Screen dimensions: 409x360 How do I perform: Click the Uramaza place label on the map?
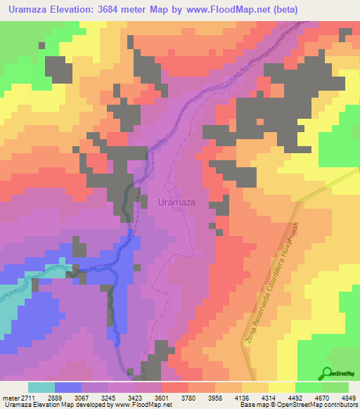click(176, 202)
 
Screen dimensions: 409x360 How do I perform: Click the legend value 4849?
click(349, 398)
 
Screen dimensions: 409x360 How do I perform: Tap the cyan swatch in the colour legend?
click(41, 387)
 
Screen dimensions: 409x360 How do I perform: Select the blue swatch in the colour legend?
click(67, 387)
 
